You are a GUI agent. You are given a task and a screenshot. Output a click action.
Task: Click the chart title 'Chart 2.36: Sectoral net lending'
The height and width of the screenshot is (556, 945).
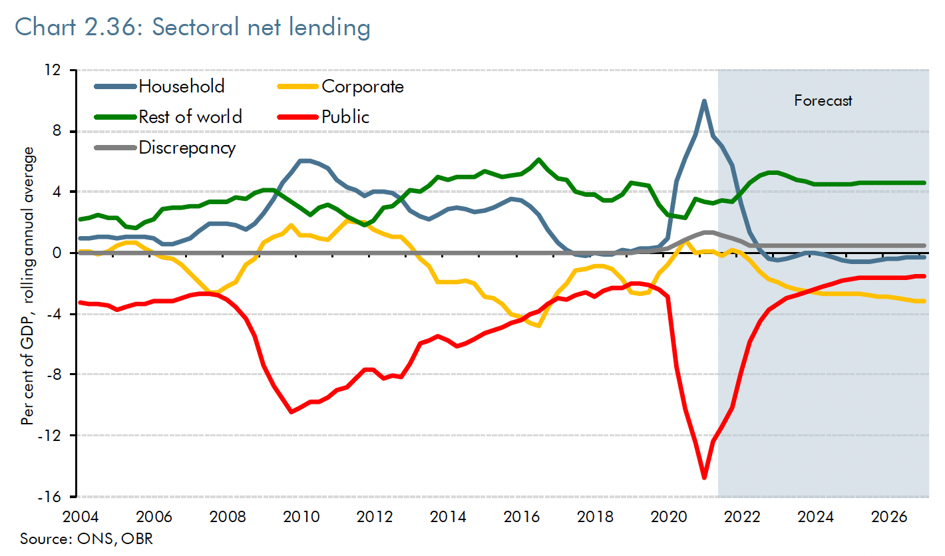click(x=192, y=27)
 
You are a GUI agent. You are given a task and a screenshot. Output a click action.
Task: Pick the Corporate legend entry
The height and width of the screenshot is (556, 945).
click(x=362, y=86)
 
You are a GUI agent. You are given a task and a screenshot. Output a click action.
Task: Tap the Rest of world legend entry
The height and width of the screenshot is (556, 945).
click(x=190, y=116)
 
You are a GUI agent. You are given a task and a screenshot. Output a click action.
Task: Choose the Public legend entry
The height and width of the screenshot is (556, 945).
click(x=345, y=116)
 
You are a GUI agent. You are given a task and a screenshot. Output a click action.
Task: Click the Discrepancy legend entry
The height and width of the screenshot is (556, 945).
click(x=186, y=147)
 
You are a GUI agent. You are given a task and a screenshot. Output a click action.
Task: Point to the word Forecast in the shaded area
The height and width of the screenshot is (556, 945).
click(x=823, y=101)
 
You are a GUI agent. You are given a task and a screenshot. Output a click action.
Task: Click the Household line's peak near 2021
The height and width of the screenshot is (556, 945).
click(x=704, y=101)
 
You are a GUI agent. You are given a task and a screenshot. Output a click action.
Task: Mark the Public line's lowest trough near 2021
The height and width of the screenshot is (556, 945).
click(x=704, y=478)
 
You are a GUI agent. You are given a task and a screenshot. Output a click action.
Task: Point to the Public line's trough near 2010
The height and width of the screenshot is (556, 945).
click(x=291, y=412)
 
